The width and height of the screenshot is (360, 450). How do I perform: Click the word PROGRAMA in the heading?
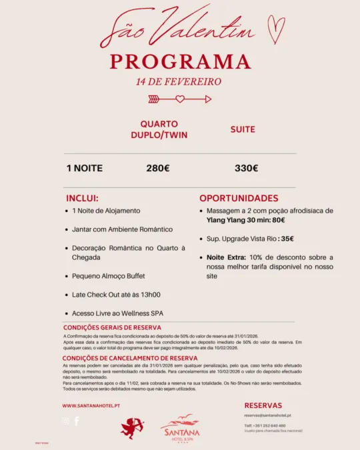[x=181, y=62]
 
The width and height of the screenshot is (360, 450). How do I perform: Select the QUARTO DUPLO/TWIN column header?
[x=159, y=129]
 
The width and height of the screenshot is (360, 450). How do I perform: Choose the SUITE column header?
[x=243, y=129]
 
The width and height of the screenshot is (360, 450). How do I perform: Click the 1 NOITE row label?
[x=85, y=168]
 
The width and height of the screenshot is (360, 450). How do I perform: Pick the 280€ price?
[x=158, y=168]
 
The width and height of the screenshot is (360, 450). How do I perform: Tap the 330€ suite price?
[x=246, y=168]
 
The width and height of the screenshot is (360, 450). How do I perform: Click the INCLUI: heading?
[x=82, y=199]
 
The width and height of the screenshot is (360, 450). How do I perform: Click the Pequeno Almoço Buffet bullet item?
[x=109, y=275]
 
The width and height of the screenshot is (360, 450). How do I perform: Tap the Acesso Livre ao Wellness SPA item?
[x=117, y=313]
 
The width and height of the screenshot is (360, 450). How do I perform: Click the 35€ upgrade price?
[x=287, y=239]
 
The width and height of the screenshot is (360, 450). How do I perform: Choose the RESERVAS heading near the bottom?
[x=263, y=405]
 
